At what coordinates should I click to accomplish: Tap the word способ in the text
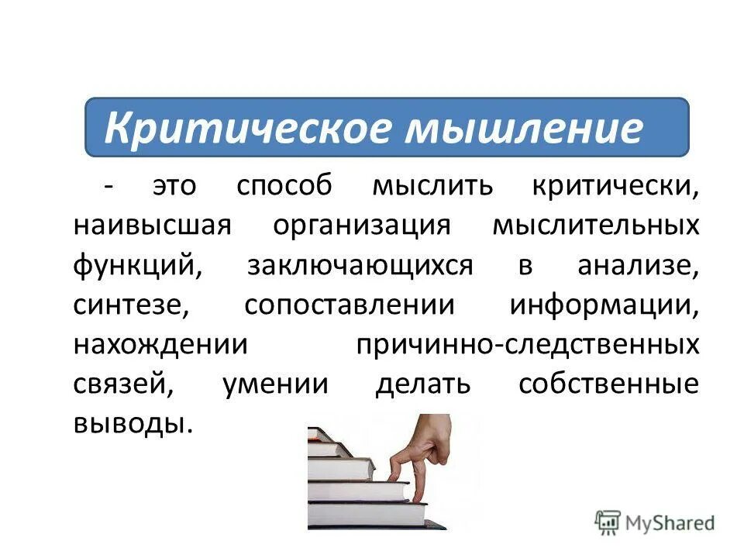[x=284, y=186]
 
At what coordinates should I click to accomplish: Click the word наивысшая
[x=153, y=226]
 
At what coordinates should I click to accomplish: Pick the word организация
[x=361, y=226]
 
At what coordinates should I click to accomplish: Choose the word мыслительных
[x=595, y=226]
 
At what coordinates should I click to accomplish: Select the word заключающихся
[x=360, y=266]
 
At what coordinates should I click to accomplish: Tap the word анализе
[x=638, y=266]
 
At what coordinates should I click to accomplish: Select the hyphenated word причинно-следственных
[x=527, y=345]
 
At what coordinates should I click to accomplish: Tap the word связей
[x=124, y=385]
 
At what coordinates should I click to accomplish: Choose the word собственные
[x=608, y=385]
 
